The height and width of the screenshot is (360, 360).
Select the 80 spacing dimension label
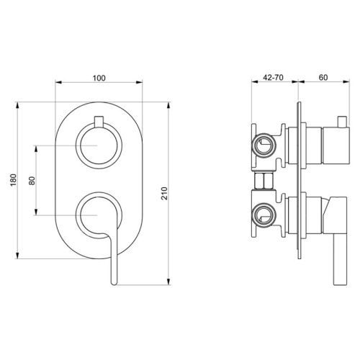point(31,181)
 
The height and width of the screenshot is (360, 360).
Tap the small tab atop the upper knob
point(99,120)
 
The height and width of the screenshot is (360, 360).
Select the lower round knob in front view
point(99,216)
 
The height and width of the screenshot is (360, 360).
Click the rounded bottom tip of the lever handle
point(112,284)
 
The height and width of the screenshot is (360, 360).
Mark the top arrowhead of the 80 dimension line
point(35,148)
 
